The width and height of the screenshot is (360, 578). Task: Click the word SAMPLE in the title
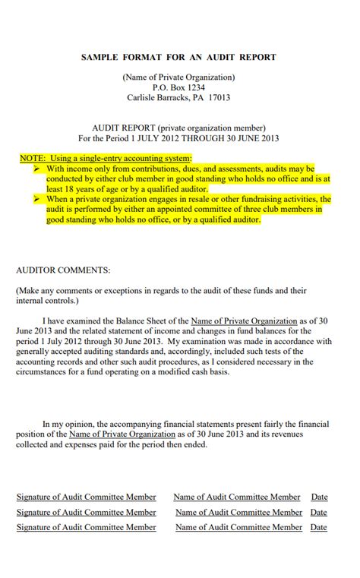[x=100, y=57]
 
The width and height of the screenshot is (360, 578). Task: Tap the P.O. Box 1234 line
[x=179, y=87]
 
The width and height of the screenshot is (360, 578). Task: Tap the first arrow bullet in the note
[x=37, y=169]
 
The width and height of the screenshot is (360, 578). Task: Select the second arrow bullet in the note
[x=37, y=199]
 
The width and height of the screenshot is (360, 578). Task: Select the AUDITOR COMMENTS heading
[x=63, y=270]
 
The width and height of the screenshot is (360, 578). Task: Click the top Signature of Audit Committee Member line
[x=87, y=497]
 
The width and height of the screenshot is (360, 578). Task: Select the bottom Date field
[x=319, y=527]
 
